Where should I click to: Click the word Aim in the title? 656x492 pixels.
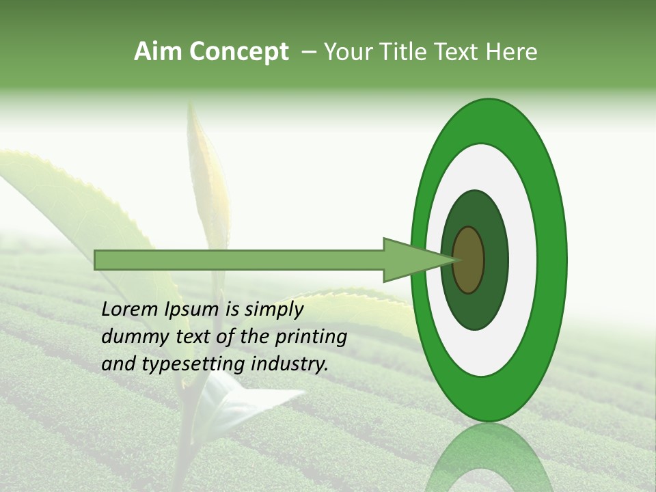pyautogui.click(x=159, y=52)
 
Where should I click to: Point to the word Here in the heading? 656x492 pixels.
pyautogui.click(x=512, y=52)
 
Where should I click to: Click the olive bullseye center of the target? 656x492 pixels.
pyautogui.click(x=468, y=260)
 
